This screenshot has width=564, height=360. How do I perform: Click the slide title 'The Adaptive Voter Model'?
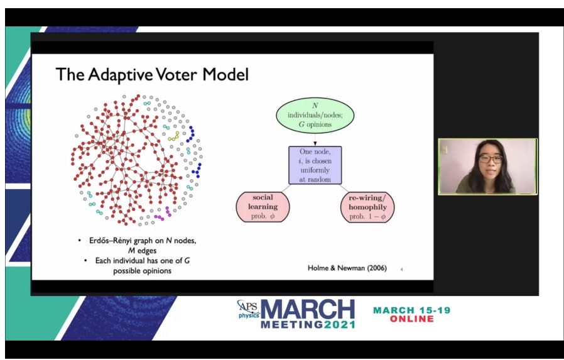152,75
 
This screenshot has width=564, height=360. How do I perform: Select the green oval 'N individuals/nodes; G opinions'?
315,116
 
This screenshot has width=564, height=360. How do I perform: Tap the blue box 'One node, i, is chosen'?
315,165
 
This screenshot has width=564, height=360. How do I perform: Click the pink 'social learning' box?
262,207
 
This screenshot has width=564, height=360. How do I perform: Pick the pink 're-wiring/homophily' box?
367,207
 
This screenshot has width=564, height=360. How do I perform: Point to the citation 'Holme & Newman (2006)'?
347,268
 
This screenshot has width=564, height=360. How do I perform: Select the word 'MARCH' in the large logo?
308,310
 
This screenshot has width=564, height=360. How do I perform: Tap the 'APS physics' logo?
247,308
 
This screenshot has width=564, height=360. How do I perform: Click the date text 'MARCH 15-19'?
411,310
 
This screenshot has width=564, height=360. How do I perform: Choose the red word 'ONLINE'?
411,319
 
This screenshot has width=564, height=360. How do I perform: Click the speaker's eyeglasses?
492,160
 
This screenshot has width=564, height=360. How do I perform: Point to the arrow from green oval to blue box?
315,139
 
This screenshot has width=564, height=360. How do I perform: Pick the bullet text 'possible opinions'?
142,270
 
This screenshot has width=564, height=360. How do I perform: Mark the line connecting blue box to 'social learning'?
279,190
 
